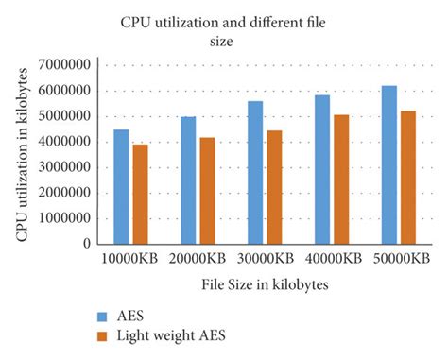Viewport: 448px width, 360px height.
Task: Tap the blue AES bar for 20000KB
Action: [187, 180]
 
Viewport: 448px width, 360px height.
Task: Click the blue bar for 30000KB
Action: [254, 173]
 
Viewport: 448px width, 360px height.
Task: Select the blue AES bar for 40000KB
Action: [321, 169]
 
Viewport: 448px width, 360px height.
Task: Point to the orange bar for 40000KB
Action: [340, 180]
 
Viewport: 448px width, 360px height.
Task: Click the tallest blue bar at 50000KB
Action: [388, 164]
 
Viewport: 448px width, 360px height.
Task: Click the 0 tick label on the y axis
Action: [93, 244]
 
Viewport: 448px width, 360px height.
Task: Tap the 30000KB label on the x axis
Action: [264, 258]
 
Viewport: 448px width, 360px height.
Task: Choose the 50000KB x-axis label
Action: [398, 258]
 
